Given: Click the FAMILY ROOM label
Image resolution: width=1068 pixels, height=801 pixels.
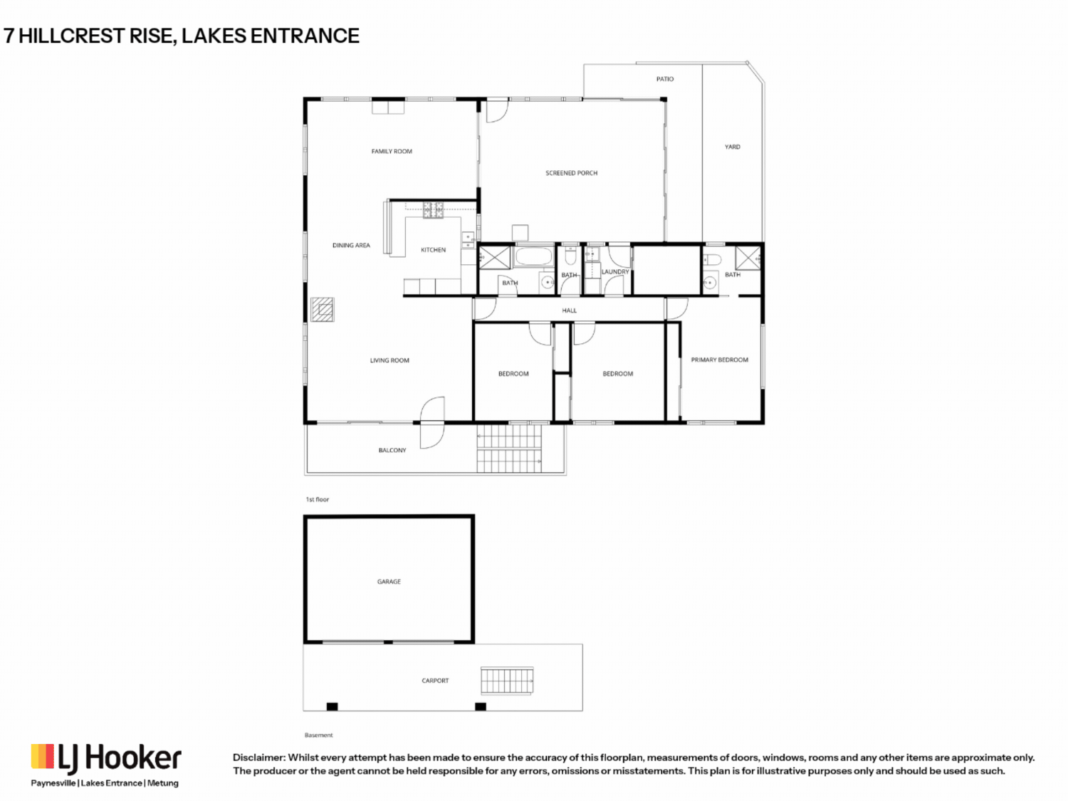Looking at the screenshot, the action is click(x=392, y=151).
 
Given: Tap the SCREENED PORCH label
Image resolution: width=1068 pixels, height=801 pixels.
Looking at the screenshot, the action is click(x=571, y=172).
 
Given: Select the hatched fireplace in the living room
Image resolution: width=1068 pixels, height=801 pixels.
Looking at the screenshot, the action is click(x=323, y=309).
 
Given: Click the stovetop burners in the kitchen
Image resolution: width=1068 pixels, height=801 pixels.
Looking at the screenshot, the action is click(x=433, y=210).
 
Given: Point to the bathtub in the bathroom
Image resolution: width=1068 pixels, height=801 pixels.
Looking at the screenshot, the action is click(x=534, y=256).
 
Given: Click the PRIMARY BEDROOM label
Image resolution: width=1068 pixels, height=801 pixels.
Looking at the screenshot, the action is click(x=720, y=360).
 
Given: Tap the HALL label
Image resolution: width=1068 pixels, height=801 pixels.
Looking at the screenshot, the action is click(x=570, y=310).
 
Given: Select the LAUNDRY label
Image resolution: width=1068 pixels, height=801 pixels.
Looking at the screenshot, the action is click(x=615, y=272).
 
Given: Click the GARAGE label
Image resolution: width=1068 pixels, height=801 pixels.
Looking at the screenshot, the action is click(x=389, y=582).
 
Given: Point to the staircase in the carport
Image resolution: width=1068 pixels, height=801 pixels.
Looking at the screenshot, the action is click(x=507, y=680).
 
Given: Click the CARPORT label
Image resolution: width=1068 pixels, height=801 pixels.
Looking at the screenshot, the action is click(x=435, y=681).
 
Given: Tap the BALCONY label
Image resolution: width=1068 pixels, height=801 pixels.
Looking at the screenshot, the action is click(x=392, y=451).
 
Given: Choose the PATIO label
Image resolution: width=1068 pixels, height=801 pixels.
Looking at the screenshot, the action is click(x=665, y=79).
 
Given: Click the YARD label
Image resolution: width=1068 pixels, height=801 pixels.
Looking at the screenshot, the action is click(x=732, y=147).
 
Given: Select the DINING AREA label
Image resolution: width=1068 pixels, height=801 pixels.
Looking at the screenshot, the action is click(x=351, y=245).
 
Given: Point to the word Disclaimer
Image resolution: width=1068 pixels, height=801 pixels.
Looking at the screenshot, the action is click(x=259, y=758).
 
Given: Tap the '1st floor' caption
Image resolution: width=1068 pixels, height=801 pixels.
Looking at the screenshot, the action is click(x=318, y=500).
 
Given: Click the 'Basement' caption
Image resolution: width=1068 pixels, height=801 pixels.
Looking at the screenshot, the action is click(x=319, y=735).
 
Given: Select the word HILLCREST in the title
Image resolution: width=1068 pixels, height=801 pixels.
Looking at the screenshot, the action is click(x=71, y=36).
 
